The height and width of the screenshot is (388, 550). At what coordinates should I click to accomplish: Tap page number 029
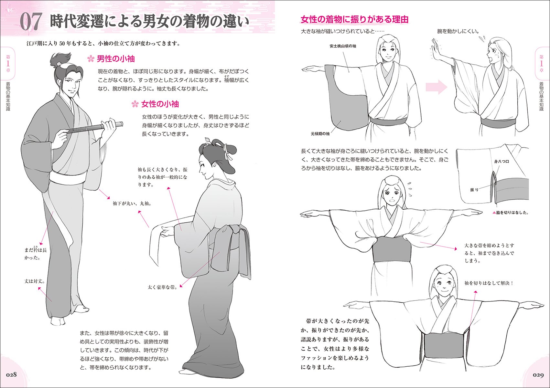(538, 375)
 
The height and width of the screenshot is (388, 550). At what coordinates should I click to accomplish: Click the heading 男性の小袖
(115, 59)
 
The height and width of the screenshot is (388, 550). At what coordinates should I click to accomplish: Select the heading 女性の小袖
(159, 104)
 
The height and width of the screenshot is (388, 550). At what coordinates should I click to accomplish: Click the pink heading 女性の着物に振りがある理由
(354, 19)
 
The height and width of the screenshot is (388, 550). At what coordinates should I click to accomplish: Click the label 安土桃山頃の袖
(342, 46)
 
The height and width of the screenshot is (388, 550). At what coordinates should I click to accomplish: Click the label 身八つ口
(501, 162)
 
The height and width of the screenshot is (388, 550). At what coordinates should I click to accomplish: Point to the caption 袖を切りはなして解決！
(489, 283)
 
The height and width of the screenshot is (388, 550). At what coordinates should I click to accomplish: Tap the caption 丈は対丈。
(35, 281)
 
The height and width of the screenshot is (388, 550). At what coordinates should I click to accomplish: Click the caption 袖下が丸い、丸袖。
(132, 204)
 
